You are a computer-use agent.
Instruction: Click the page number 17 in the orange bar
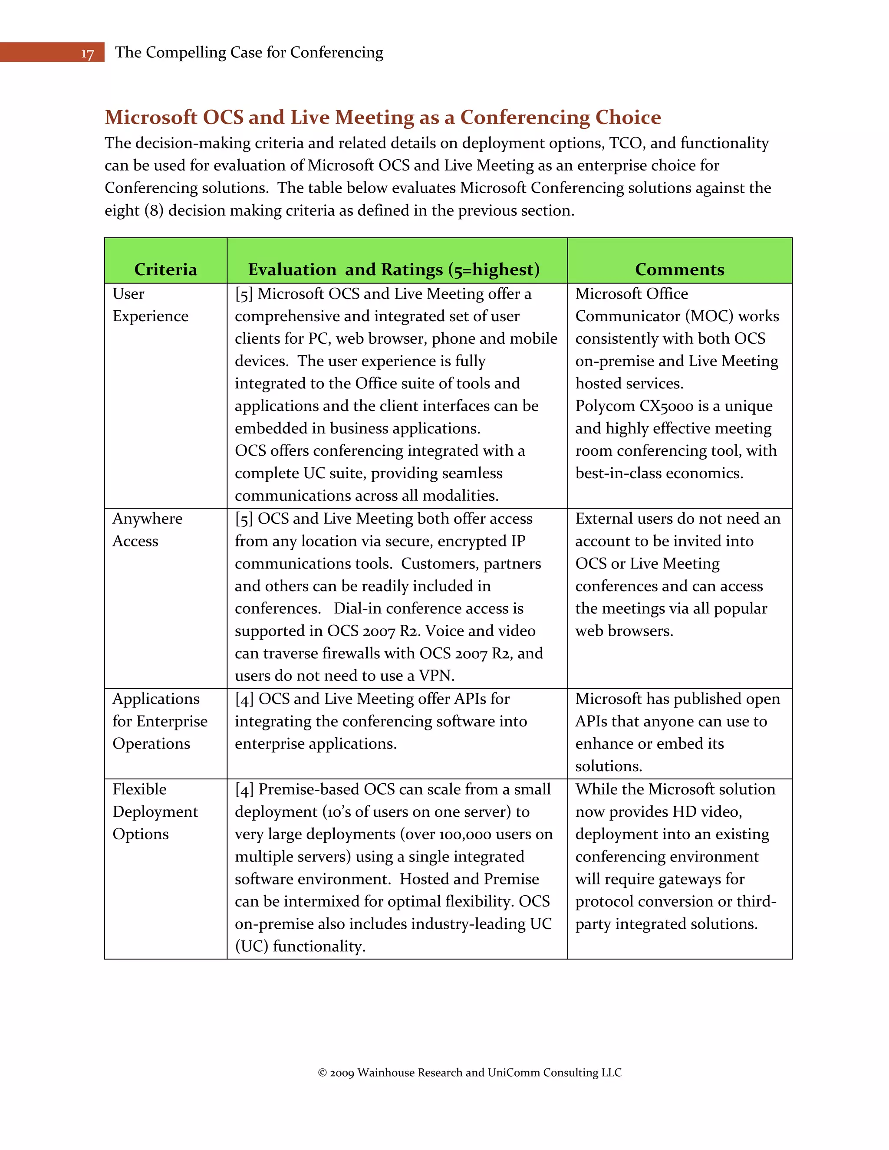click(x=87, y=54)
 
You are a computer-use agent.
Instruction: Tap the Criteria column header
click(x=165, y=269)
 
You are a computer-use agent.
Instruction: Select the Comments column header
click(x=679, y=269)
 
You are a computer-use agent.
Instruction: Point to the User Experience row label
click(x=150, y=305)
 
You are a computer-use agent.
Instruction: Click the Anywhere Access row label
click(x=147, y=530)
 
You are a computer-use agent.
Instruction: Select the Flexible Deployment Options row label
click(x=155, y=812)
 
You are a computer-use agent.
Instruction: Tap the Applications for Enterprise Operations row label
click(x=160, y=721)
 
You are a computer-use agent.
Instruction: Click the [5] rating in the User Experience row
click(x=244, y=294)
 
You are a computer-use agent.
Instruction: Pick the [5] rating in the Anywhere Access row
click(x=244, y=519)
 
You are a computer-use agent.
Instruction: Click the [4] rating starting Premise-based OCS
click(x=244, y=789)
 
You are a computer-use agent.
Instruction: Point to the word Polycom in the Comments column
click(x=605, y=406)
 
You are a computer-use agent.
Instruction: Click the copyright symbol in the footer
click(x=323, y=1073)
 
